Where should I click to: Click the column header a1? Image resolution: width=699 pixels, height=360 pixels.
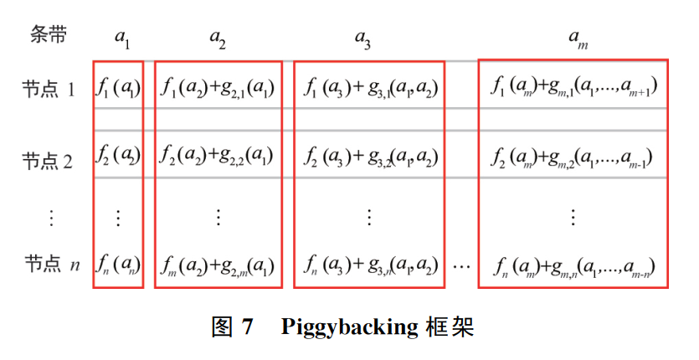(x=122, y=39)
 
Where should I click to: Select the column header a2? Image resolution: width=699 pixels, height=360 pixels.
(x=218, y=39)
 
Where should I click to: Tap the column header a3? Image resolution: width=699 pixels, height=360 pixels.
(x=362, y=39)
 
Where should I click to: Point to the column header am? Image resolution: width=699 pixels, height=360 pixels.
(x=578, y=39)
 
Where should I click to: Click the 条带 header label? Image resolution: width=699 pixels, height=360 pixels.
(x=49, y=35)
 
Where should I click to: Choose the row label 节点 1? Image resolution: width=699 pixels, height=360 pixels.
(x=49, y=89)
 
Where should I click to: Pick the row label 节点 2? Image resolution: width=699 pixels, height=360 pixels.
(x=47, y=161)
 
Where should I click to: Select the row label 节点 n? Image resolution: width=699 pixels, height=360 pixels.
(x=52, y=264)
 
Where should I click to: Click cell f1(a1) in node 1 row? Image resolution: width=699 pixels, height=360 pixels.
(x=118, y=87)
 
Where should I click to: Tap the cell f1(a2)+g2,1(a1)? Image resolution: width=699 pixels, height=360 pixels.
(x=218, y=87)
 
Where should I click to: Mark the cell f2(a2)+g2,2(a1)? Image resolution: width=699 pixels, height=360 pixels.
(x=217, y=156)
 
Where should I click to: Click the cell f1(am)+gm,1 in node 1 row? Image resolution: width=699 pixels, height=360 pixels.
(x=574, y=85)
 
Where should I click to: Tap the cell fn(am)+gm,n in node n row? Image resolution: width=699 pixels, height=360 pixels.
(x=574, y=267)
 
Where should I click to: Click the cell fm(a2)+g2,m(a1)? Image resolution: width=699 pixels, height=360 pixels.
(x=217, y=266)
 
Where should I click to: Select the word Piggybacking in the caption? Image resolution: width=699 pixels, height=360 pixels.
(x=349, y=328)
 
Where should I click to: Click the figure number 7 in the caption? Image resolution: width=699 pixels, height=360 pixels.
(x=248, y=327)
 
